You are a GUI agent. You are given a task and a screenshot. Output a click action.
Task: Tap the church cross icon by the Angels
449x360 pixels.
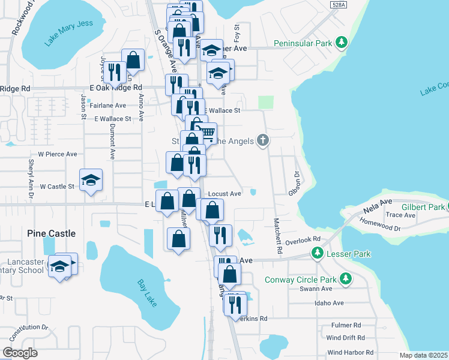coord(262,140)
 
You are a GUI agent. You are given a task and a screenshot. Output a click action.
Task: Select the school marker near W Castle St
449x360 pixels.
coord(91,179)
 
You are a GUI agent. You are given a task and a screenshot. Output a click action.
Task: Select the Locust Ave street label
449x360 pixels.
coord(224,194)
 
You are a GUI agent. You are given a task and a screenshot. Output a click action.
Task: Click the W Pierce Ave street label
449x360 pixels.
coord(58,154)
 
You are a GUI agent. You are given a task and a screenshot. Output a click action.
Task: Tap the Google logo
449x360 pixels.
coord(20,353)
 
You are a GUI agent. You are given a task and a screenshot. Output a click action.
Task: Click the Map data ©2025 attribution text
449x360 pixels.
coord(423,355)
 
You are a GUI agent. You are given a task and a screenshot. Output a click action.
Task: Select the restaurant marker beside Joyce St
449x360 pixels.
coord(113,72)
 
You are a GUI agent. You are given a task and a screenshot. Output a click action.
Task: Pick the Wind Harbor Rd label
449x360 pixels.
coord(351,352)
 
